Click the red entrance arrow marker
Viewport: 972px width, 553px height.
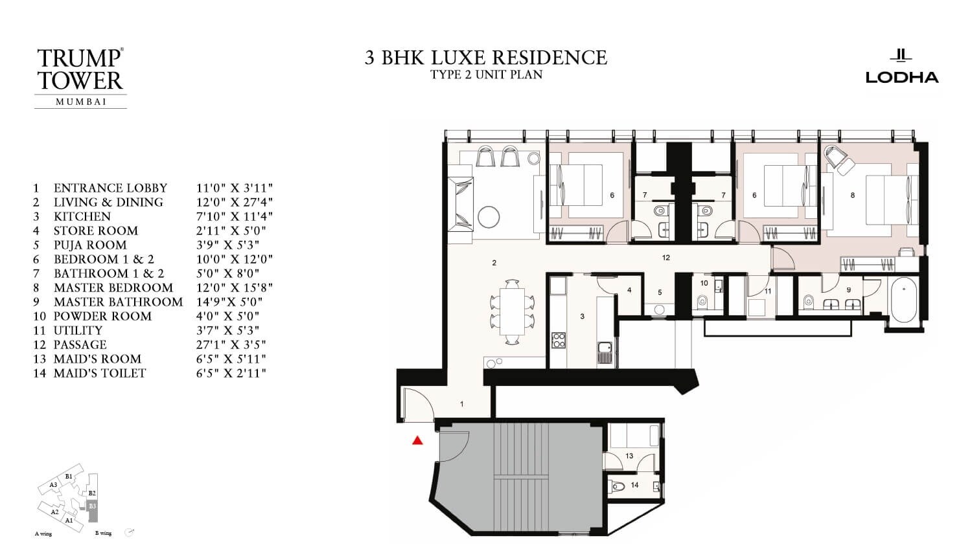tap(417, 441)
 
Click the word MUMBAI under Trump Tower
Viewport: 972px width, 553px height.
tap(80, 101)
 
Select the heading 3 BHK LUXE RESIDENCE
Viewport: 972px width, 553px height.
tap(486, 58)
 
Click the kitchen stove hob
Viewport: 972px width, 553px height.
tap(558, 340)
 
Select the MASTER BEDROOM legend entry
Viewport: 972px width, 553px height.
tap(113, 288)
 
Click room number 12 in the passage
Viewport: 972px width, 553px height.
tap(666, 258)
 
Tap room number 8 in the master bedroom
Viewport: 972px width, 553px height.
tap(853, 195)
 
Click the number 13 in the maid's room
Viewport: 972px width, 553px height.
tap(629, 456)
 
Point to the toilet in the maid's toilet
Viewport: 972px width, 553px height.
tap(619, 486)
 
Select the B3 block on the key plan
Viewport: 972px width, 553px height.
tap(93, 506)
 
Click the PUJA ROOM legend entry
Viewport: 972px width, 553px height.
tap(90, 245)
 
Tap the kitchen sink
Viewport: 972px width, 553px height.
tap(605, 352)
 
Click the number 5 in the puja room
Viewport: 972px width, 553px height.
tap(660, 292)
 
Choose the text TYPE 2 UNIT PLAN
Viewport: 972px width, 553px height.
tap(486, 74)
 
